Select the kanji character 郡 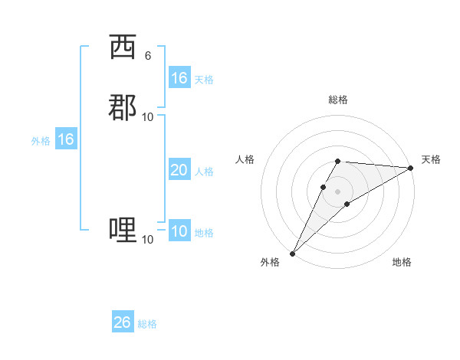(x=123, y=106)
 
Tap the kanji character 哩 (x=123, y=229)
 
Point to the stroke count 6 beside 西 (x=147, y=56)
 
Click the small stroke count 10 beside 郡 (x=148, y=116)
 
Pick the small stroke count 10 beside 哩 (x=148, y=240)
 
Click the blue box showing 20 (x=179, y=170)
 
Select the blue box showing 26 (x=122, y=322)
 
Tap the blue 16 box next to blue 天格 (x=179, y=78)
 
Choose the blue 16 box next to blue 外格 (x=66, y=139)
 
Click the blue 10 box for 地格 (x=179, y=231)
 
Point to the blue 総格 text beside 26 (x=147, y=324)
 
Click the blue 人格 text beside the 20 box (x=204, y=172)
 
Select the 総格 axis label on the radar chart (x=338, y=100)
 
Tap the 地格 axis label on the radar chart (x=402, y=262)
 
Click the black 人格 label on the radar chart (x=245, y=159)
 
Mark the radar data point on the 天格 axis (x=410, y=168)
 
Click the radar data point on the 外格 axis (x=292, y=254)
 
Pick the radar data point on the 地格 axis (x=347, y=204)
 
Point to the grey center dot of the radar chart (x=338, y=191)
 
